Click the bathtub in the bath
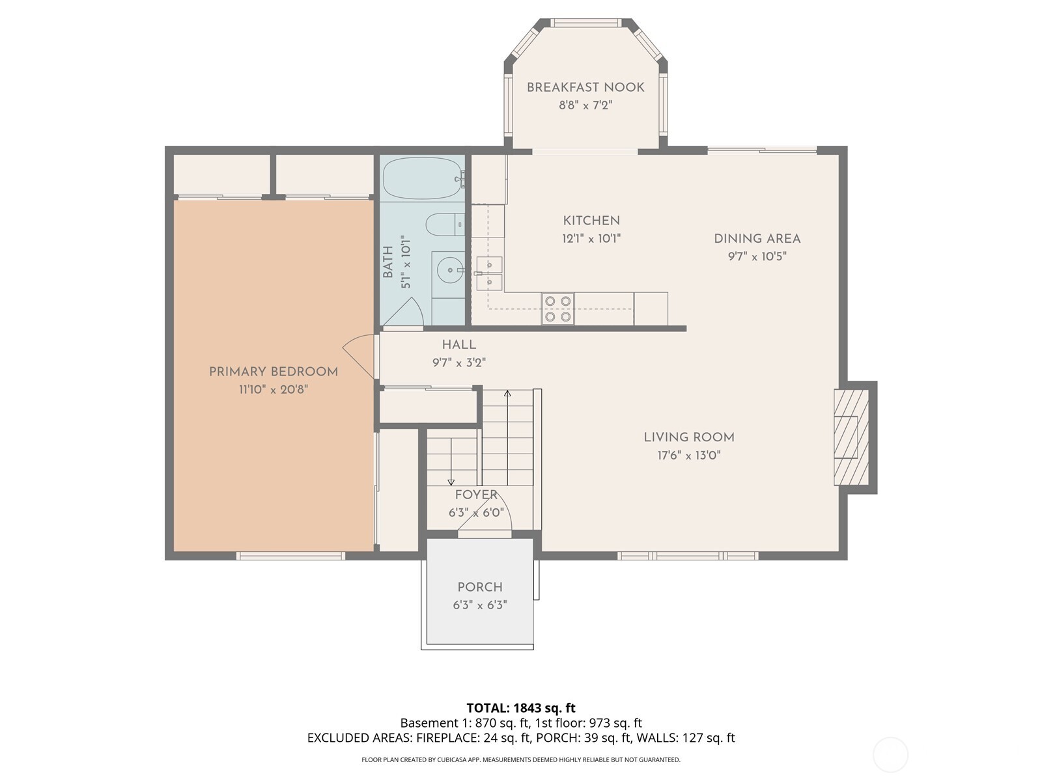pyautogui.click(x=422, y=178)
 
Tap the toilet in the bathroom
pyautogui.click(x=444, y=225)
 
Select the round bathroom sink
pyautogui.click(x=449, y=269)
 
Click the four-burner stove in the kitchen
pyautogui.click(x=558, y=309)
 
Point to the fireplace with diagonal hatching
pyautogui.click(x=851, y=437)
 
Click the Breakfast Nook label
pyautogui.click(x=585, y=87)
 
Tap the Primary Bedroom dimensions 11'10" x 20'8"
pyautogui.click(x=273, y=390)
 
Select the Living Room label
pyautogui.click(x=689, y=437)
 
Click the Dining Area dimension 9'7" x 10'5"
pyautogui.click(x=757, y=256)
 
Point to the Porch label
pyautogui.click(x=480, y=587)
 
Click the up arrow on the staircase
pyautogui.click(x=507, y=394)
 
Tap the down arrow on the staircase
pyautogui.click(x=451, y=481)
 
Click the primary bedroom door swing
pyautogui.click(x=358, y=356)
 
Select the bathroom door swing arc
pyautogui.click(x=407, y=311)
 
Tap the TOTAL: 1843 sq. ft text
pyautogui.click(x=521, y=707)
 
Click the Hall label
pyautogui.click(x=459, y=345)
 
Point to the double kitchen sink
pyautogui.click(x=488, y=273)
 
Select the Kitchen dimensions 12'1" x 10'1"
pyautogui.click(x=591, y=239)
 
